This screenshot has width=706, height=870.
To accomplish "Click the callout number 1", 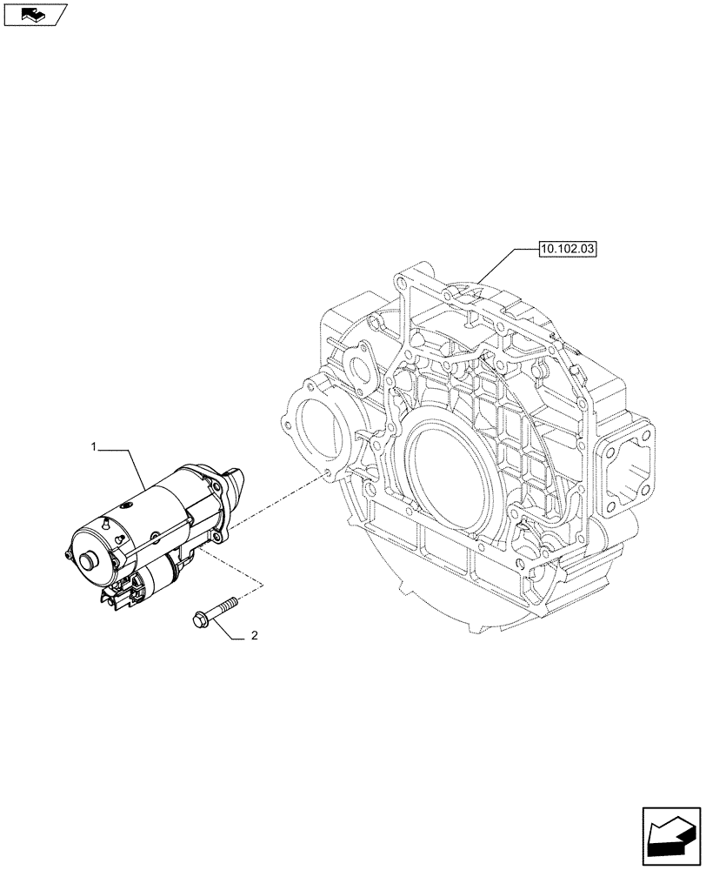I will click(x=92, y=446).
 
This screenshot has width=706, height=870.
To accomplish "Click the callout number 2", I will click(x=253, y=636).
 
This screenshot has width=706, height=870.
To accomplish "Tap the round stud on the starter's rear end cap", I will click(x=88, y=562).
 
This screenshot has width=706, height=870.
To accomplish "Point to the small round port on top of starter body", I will click(x=129, y=504).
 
